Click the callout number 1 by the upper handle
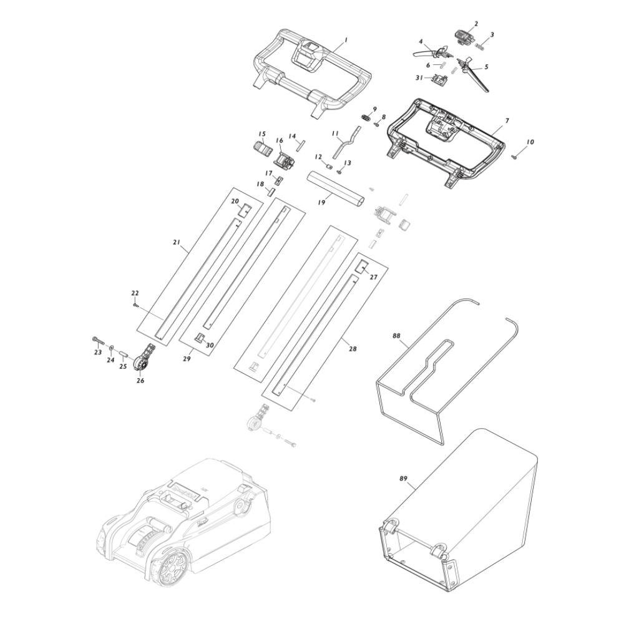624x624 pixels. click(x=346, y=40)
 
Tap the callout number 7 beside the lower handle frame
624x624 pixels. click(x=507, y=120)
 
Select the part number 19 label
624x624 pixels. click(x=321, y=203)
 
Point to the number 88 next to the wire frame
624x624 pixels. click(x=396, y=336)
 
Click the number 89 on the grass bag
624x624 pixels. click(x=404, y=479)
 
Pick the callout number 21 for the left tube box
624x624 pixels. click(x=177, y=242)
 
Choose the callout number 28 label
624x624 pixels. click(x=353, y=349)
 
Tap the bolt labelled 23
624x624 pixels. click(x=97, y=340)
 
